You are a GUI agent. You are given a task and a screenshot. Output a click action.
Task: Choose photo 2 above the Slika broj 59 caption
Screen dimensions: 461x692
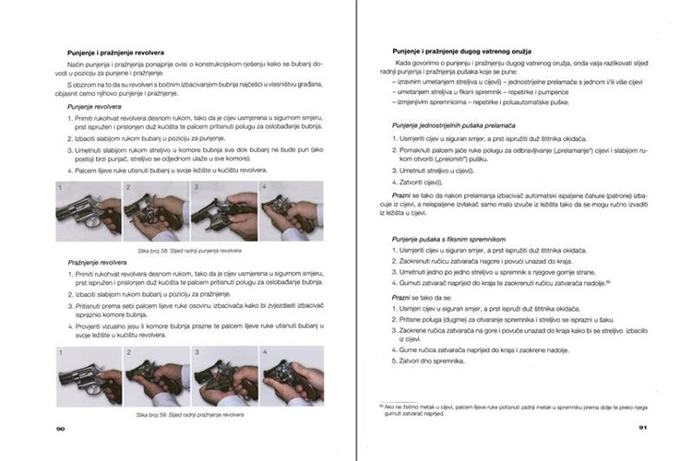click(x=156, y=376)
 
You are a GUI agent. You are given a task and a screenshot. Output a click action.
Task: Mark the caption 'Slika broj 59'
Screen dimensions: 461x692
click(x=189, y=415)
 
